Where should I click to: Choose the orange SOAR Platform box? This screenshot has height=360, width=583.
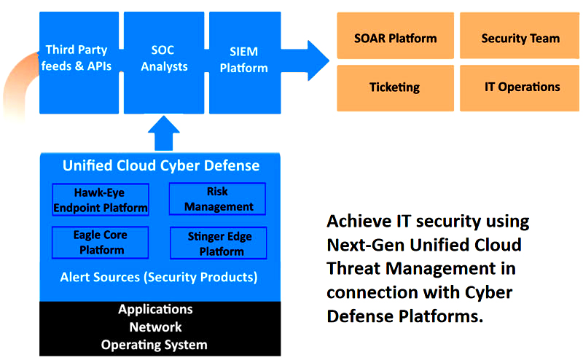395,38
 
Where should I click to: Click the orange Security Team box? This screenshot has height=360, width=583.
520,38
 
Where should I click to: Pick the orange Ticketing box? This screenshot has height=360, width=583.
395,87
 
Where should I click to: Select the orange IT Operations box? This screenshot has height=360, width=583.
520,87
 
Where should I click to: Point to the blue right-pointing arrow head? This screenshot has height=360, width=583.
316,60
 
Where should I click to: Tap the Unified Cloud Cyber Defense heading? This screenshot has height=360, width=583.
160,165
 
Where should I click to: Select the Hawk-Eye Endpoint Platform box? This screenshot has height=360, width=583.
101,200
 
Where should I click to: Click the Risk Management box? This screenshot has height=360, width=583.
217,199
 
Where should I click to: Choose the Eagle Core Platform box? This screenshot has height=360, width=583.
100,243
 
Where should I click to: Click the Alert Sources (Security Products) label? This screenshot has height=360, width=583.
159,277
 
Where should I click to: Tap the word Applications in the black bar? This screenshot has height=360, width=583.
155,309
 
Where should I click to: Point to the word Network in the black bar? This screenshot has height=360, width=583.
155,327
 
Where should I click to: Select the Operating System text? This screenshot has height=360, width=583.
154,345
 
